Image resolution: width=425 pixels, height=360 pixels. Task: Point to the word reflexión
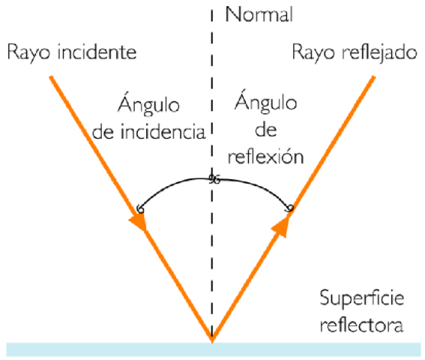click(268, 157)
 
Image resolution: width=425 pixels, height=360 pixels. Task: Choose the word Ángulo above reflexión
click(264, 102)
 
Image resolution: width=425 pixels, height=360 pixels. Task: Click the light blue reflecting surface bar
click(112, 349)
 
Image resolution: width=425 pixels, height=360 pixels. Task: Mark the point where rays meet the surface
click(212, 341)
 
